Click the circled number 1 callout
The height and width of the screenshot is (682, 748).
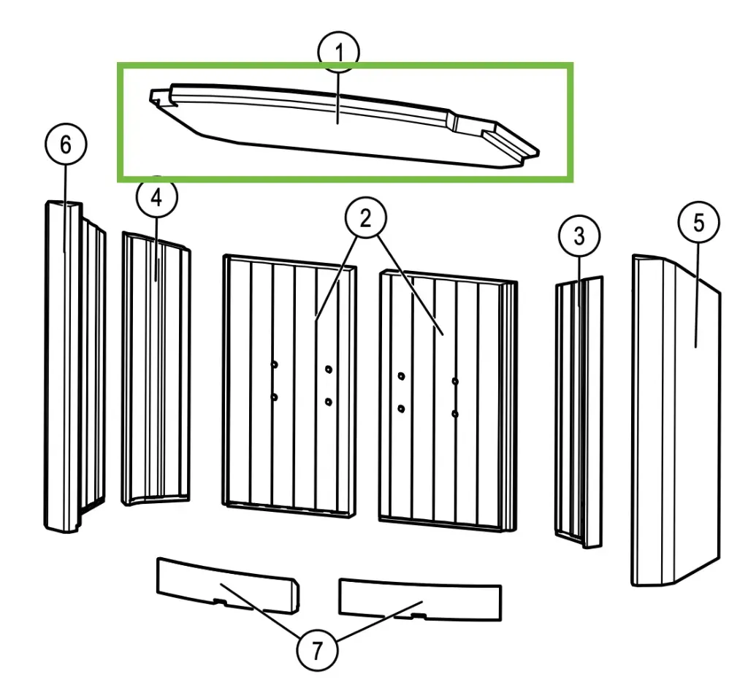pos(339,52)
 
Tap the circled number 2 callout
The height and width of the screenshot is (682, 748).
pos(366,218)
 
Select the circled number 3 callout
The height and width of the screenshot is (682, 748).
pos(579,236)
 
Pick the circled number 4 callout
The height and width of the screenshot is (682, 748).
pos(156,196)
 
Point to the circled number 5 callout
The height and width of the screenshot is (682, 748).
pos(698,222)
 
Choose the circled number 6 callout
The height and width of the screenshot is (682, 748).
pos(66,144)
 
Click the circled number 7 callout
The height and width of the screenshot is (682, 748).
pos(317,650)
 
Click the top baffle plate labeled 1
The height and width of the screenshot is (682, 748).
pos(345,126)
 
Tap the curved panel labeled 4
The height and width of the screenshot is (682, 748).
pos(156,369)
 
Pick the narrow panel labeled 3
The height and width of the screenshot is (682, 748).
pos(579,412)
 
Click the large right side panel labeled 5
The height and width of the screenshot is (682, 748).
pos(676,420)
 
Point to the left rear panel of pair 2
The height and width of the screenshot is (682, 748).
pos(289,386)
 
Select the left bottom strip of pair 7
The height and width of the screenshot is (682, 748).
pos(228,585)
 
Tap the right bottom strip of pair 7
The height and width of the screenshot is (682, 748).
pos(420,599)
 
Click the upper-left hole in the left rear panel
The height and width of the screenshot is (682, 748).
pos(275,365)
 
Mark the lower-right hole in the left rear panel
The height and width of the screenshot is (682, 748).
pos(329,402)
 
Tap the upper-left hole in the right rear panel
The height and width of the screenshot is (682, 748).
pos(401,376)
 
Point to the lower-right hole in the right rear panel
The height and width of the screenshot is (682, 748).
pos(455,414)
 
